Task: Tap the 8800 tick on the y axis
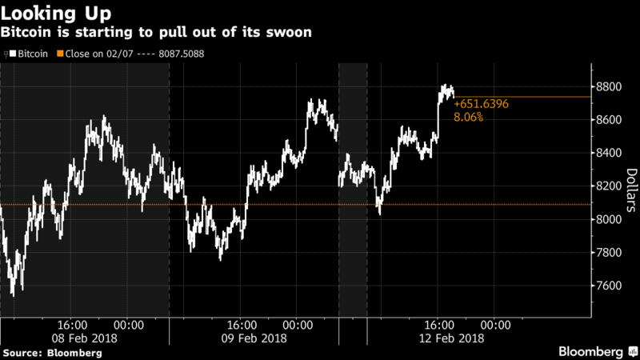pyautogui.click(x=607, y=86)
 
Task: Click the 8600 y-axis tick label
pyautogui.click(x=607, y=120)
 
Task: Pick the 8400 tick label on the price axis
pyautogui.click(x=607, y=153)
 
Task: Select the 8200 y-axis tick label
pyautogui.click(x=607, y=186)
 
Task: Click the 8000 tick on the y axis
pyautogui.click(x=607, y=219)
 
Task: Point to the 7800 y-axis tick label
pyautogui.click(x=607, y=253)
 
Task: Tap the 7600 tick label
pyautogui.click(x=607, y=286)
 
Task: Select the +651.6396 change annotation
pyautogui.click(x=481, y=104)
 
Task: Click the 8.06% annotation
pyautogui.click(x=468, y=118)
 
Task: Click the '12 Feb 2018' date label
pyautogui.click(x=453, y=338)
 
